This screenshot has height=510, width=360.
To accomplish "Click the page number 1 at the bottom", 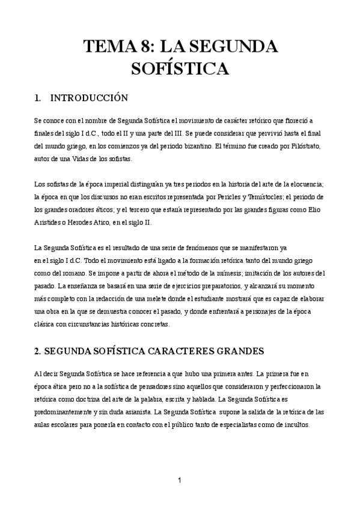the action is click(179, 480).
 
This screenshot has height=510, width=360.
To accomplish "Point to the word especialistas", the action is click(232, 424).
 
